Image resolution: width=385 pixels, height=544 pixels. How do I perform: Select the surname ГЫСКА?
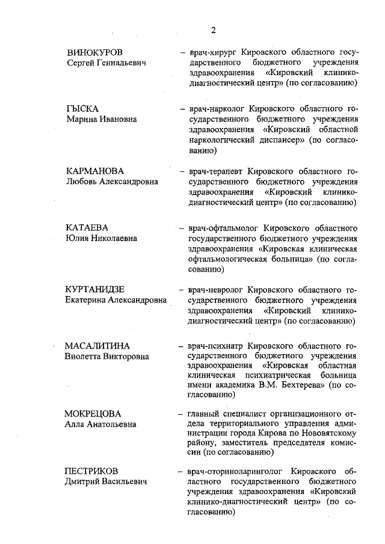(x=82, y=109)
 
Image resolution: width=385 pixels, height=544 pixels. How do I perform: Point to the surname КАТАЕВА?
(x=87, y=228)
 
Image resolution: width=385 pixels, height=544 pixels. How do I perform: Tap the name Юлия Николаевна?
(x=102, y=239)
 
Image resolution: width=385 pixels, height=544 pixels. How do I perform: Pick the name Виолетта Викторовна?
(x=106, y=358)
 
